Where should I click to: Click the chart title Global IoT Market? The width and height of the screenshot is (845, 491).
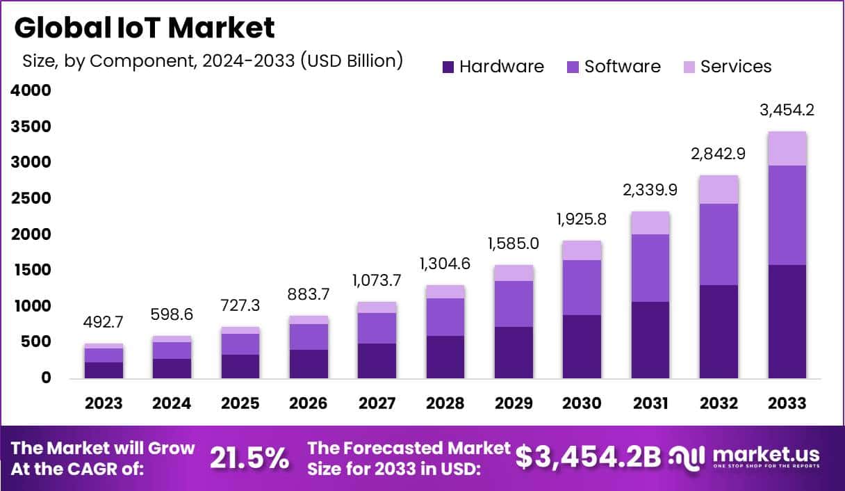(145, 29)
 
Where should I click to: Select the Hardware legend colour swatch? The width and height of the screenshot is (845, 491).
(448, 67)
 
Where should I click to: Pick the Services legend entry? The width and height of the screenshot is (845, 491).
(735, 67)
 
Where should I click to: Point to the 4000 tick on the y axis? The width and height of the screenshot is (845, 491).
(31, 90)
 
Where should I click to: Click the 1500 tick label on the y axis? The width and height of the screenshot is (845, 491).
(31, 270)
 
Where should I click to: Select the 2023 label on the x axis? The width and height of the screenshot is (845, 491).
(104, 403)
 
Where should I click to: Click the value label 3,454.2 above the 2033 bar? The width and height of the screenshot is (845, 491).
(787, 110)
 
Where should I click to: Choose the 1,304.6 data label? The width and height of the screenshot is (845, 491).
(445, 264)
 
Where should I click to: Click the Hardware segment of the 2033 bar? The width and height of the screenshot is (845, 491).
(787, 321)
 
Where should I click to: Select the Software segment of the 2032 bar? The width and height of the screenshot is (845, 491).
(719, 244)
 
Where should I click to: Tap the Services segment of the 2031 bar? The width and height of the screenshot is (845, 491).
(650, 223)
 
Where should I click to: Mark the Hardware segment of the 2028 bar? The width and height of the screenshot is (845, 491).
(445, 357)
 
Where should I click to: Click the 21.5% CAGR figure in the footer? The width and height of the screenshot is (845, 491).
(249, 458)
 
